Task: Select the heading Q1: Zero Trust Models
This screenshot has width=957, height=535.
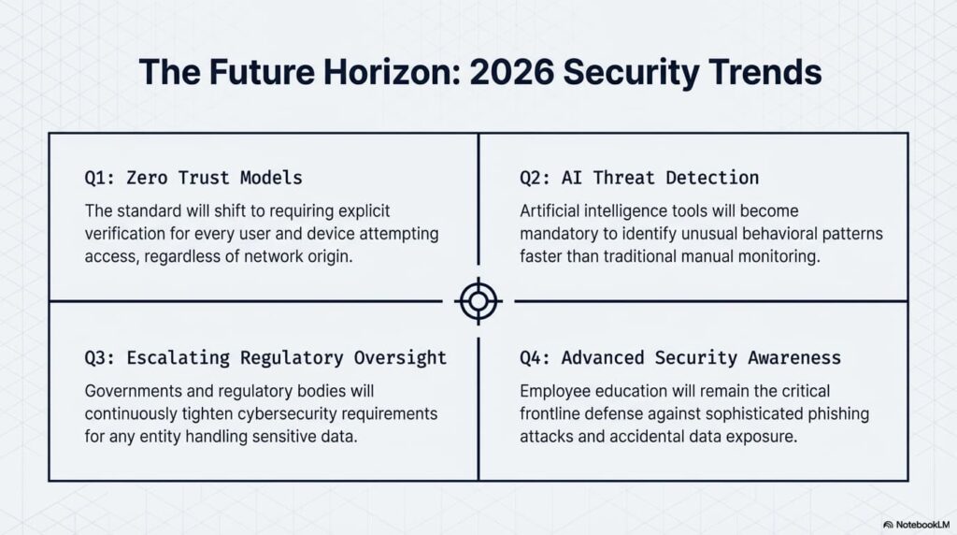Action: pyautogui.click(x=193, y=178)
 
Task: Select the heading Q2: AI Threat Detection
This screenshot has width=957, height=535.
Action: pyautogui.click(x=639, y=178)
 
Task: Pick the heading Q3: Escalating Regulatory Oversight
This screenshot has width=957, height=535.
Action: pyautogui.click(x=265, y=358)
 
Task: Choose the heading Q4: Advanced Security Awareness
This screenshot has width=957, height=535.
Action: pyautogui.click(x=680, y=358)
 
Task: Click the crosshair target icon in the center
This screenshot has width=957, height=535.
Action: pyautogui.click(x=478, y=301)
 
